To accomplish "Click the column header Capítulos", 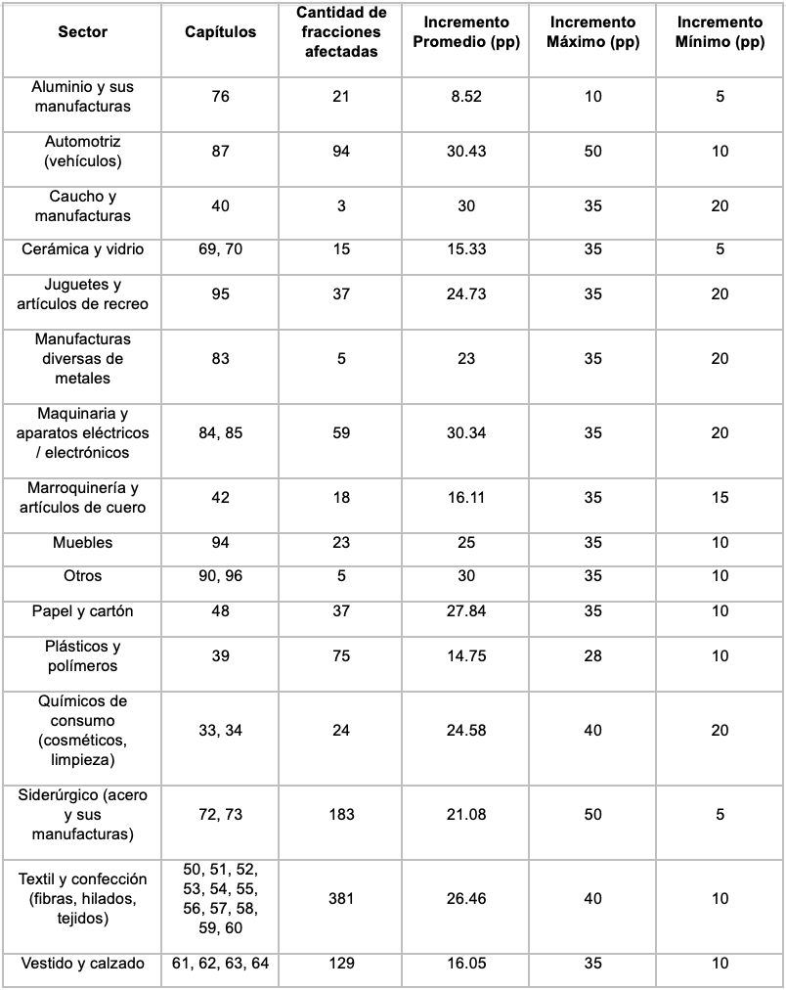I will click(221, 32).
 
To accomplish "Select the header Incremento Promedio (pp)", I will click(466, 32).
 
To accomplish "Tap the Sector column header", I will click(83, 32).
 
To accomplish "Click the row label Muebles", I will click(83, 543).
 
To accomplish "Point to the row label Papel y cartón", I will click(83, 611).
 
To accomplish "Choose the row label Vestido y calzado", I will click(83, 964).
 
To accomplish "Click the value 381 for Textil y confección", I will click(341, 899).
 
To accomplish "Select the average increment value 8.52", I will click(466, 97).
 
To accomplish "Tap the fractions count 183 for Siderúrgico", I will click(341, 815).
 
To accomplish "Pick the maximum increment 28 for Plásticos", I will click(593, 656).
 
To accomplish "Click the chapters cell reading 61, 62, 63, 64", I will click(221, 964).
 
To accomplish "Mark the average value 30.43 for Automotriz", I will click(466, 152).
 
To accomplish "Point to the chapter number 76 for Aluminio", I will click(221, 97).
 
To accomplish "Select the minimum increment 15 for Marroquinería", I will click(720, 498).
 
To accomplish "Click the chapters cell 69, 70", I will click(221, 249).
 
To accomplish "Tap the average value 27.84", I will click(466, 611).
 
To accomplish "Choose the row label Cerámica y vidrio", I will click(83, 249).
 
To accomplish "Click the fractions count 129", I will click(341, 964).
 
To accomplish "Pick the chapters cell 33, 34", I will click(221, 731).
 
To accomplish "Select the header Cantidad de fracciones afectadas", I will click(341, 32).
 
